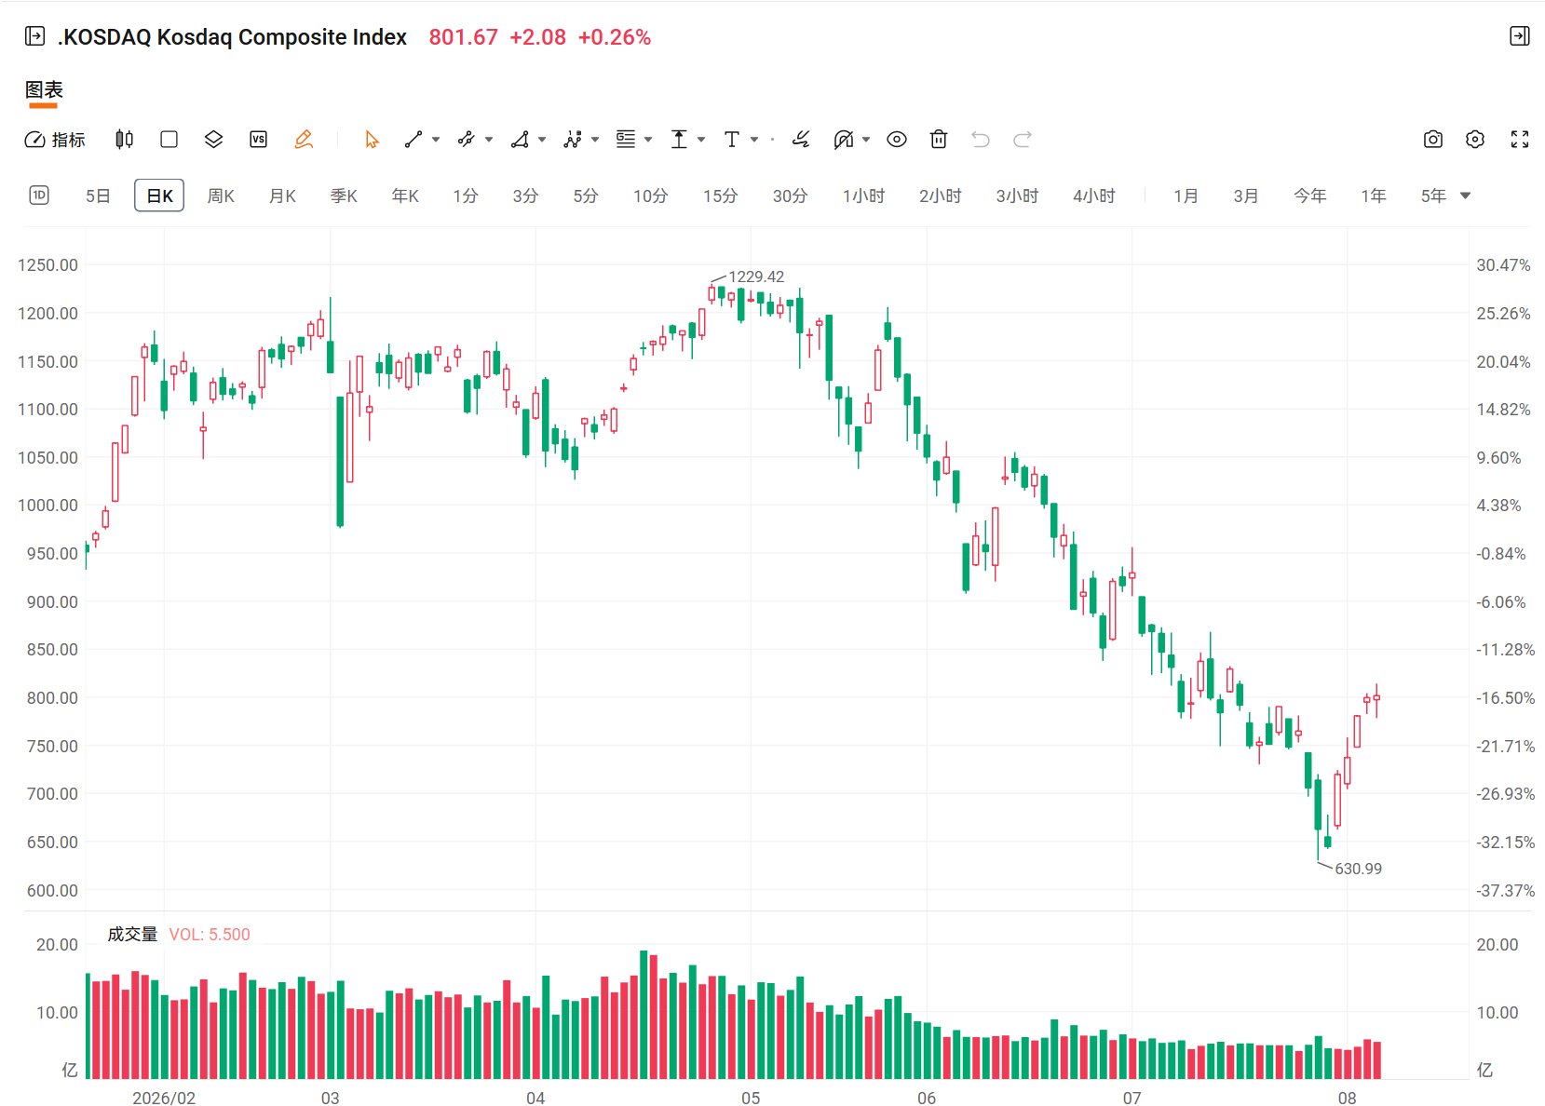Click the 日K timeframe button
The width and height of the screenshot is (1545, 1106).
159,196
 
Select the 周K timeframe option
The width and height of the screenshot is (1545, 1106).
221,196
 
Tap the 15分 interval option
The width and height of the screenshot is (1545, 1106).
720,196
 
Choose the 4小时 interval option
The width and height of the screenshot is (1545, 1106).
1094,196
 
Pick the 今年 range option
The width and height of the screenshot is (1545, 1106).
1309,196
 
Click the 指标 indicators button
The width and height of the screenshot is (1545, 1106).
55,140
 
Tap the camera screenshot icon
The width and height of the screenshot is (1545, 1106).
1432,140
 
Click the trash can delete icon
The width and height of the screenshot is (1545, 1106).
938,140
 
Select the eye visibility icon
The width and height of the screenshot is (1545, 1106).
896,140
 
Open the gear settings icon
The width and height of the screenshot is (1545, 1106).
1474,140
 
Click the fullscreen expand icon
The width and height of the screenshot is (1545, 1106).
1520,140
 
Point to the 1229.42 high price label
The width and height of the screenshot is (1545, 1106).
756,276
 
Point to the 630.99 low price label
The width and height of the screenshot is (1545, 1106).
1358,869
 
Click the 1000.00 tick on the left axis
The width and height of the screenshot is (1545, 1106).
47,506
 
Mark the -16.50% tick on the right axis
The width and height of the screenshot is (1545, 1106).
1505,698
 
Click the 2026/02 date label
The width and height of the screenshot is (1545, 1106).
164,1098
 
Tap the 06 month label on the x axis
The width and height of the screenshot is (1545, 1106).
927,1098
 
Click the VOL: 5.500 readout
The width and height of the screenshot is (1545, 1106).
210,935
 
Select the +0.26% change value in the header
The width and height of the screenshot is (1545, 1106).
614,37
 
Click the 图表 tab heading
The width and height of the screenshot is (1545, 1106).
44,89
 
